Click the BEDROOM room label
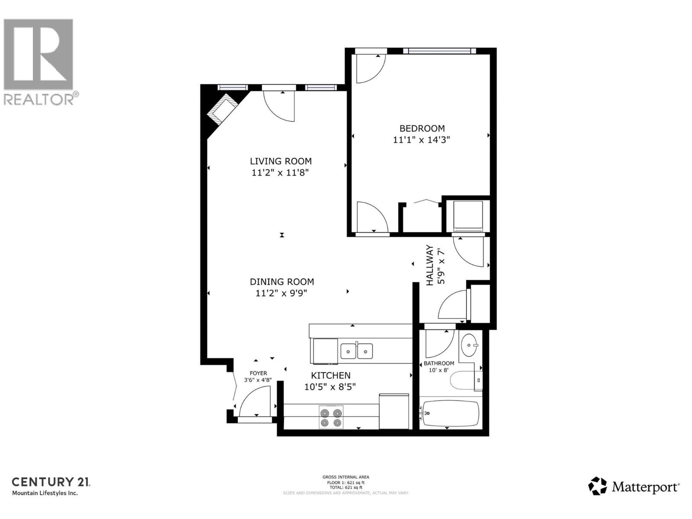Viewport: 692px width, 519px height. (x=422, y=128)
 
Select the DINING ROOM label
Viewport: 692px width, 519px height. (x=282, y=282)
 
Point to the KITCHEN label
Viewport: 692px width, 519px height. (x=331, y=375)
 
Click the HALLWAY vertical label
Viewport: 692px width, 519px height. (x=429, y=266)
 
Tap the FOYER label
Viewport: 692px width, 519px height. (x=258, y=373)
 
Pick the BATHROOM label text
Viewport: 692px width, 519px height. (x=439, y=363)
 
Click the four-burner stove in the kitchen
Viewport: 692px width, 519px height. (x=331, y=417)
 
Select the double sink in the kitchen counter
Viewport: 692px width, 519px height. (x=356, y=351)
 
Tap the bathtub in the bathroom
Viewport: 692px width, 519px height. (x=451, y=413)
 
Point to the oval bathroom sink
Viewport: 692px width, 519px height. (x=468, y=345)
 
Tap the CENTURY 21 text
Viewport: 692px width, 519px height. (x=51, y=482)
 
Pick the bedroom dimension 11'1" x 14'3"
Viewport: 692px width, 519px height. (x=422, y=140)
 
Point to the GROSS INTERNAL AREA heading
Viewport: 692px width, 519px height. (x=346, y=477)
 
